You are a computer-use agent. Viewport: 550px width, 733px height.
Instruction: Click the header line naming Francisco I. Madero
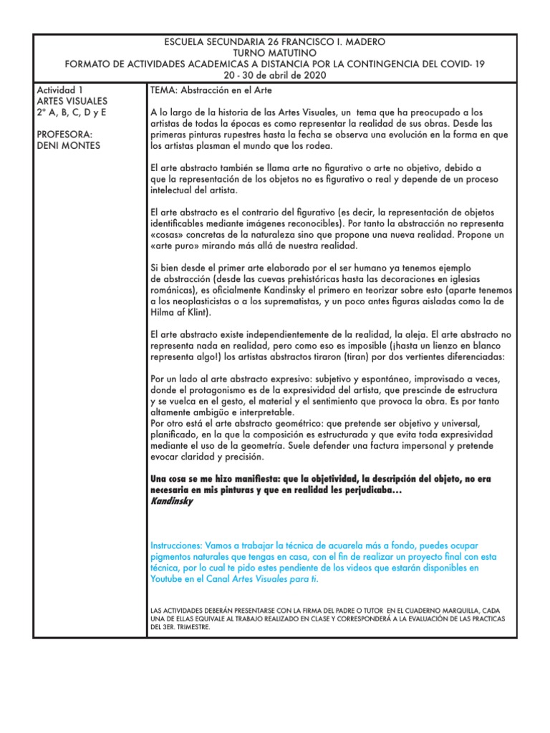274,42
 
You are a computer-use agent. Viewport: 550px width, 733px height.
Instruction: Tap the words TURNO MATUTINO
274,53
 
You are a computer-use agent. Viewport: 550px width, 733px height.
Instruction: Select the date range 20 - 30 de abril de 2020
274,75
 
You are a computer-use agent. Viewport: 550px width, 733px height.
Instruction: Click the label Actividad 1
59,91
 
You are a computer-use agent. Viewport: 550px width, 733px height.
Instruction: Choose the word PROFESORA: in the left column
65,135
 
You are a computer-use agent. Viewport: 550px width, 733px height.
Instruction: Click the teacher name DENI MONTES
68,146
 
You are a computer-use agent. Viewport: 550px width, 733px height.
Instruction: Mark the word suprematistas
297,301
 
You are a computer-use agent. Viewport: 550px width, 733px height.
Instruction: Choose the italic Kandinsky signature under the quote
172,501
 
